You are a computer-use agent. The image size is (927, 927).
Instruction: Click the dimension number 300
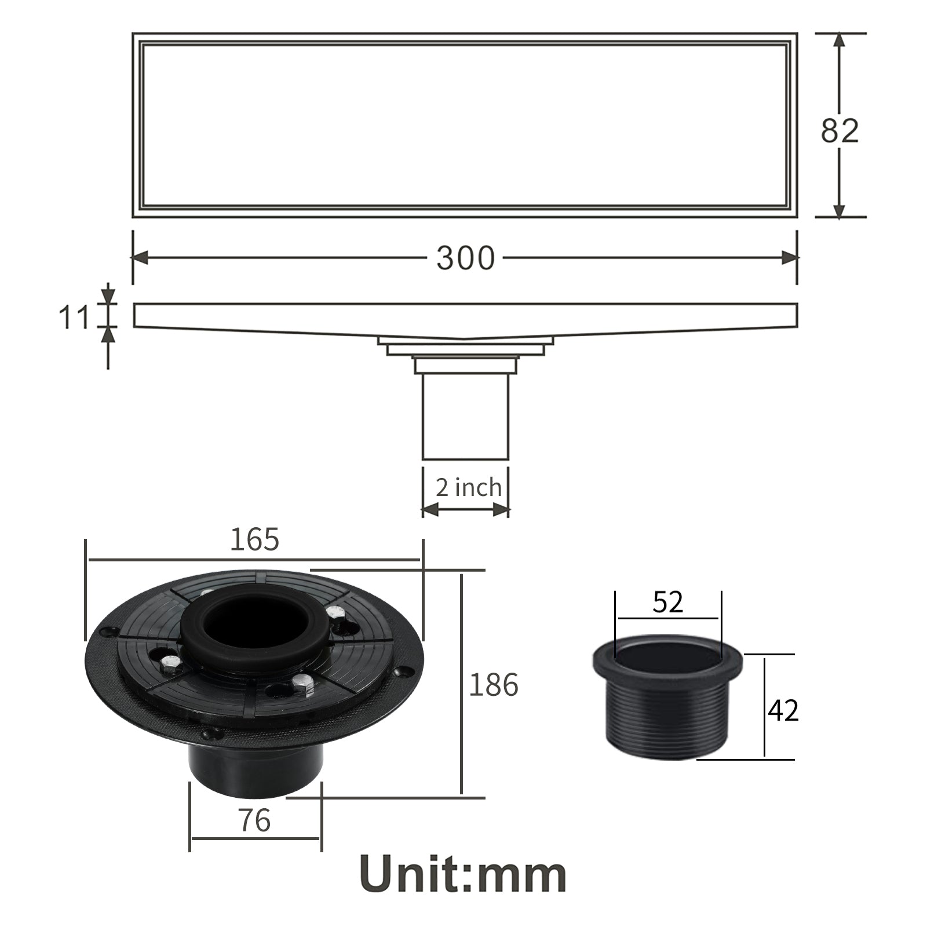tap(465, 258)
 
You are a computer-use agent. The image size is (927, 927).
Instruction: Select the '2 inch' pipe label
tap(468, 487)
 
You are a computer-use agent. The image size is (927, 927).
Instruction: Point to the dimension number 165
tap(255, 539)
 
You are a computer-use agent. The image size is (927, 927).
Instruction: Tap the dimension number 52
tap(668, 603)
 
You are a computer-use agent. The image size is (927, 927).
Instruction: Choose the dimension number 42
tap(783, 710)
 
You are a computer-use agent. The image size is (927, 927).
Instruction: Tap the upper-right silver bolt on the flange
tap(334, 611)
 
